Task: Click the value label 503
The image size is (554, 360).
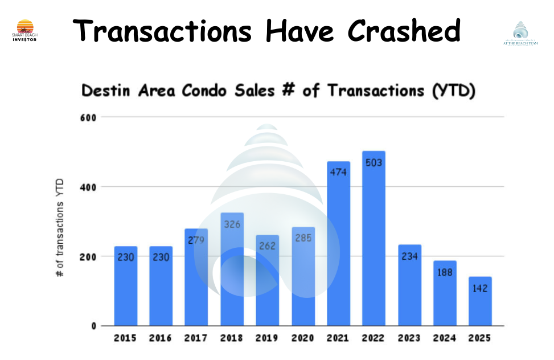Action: click(x=374, y=163)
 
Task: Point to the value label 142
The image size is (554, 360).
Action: click(x=480, y=288)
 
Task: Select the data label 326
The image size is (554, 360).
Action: click(x=232, y=225)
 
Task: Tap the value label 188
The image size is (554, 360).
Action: click(x=445, y=272)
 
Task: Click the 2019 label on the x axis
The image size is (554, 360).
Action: click(x=267, y=338)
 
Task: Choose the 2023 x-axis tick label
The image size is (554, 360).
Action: click(x=409, y=338)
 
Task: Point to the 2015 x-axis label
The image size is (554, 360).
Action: click(x=125, y=338)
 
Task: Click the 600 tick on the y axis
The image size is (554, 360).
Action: click(x=92, y=117)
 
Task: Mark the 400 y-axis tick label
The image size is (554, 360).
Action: click(x=92, y=187)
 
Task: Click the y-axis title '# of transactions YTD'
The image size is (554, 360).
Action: click(x=59, y=228)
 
